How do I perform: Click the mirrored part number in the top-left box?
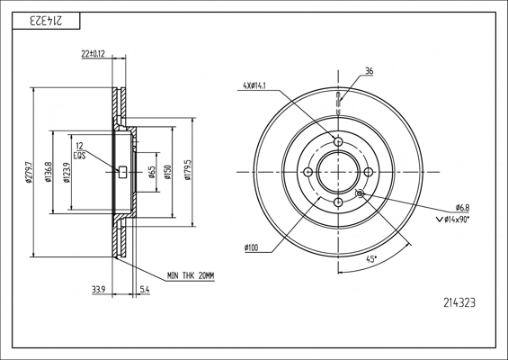point(46,22)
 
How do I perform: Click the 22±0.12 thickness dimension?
point(93,54)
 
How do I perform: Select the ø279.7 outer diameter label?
point(29,172)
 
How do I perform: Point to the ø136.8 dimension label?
point(49,172)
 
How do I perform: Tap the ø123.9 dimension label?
point(67,172)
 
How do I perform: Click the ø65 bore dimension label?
point(152,172)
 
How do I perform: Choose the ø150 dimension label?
point(167,172)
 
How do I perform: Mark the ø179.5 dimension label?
point(188,169)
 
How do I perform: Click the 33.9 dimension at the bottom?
point(98,290)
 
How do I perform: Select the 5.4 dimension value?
point(145,290)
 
